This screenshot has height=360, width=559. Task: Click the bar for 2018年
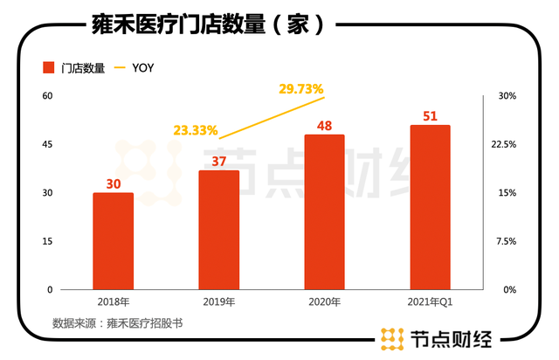(x=113, y=241)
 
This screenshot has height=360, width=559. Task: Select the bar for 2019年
(x=218, y=230)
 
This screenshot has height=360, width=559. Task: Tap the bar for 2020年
(x=324, y=212)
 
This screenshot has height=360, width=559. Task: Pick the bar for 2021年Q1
(x=430, y=207)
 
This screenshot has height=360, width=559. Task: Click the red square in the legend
(x=48, y=67)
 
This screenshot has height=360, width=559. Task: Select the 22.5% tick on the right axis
(x=507, y=144)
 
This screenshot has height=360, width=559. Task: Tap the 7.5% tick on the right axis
(x=507, y=241)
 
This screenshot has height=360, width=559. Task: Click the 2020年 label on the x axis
(x=324, y=302)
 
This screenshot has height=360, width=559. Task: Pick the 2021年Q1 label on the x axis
(x=430, y=302)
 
